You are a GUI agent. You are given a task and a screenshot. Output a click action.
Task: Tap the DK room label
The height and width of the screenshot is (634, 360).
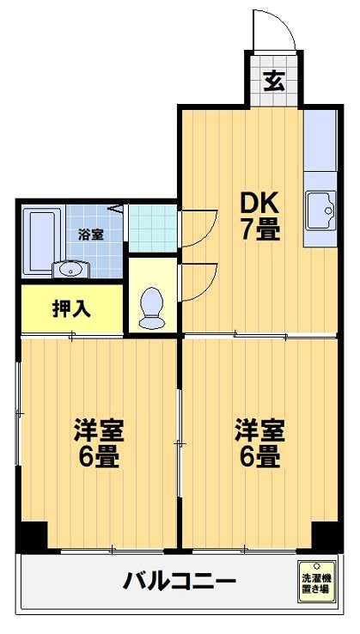[x=259, y=204]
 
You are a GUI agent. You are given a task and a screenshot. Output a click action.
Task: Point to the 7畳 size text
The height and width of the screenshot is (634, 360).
[x=259, y=230]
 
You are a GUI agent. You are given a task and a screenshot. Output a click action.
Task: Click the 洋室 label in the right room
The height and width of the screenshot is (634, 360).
[x=257, y=428]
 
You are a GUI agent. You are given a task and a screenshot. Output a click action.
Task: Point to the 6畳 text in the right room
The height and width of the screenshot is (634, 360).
[x=257, y=456]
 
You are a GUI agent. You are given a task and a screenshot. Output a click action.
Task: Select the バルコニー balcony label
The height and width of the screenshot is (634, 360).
[x=179, y=582]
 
